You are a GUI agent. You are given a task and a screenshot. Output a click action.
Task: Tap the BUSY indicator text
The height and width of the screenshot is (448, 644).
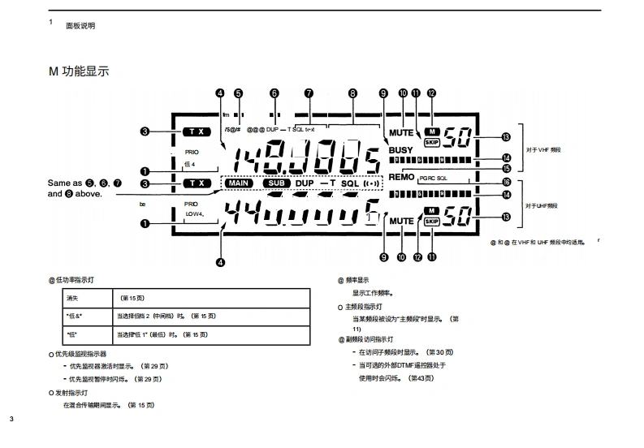click(x=400, y=150)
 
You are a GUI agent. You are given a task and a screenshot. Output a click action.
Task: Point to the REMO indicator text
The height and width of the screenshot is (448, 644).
click(x=401, y=176)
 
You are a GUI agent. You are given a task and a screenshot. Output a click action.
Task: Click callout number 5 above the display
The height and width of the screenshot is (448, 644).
click(x=238, y=93)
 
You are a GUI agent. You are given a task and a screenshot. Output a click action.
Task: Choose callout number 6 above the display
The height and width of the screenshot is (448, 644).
click(x=274, y=93)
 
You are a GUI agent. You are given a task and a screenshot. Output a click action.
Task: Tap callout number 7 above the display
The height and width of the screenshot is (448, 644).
click(x=309, y=93)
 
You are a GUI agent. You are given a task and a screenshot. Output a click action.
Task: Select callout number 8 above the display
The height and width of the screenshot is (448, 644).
click(x=352, y=93)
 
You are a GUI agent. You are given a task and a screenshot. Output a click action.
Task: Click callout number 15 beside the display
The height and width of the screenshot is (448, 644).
click(x=506, y=168)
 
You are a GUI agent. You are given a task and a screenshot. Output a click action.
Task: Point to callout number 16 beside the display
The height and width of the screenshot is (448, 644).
click(x=506, y=181)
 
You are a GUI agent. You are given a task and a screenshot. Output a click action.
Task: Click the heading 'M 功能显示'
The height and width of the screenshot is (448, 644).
click(x=79, y=72)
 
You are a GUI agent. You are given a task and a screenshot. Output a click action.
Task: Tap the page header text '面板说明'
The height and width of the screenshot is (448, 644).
click(x=80, y=26)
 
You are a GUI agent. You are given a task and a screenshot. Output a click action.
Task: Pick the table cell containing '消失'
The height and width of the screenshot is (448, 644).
click(x=71, y=299)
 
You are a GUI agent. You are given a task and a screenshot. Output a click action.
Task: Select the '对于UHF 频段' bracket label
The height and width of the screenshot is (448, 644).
click(x=542, y=206)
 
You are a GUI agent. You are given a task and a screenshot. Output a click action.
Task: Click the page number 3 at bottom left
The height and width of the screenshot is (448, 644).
click(x=11, y=420)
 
